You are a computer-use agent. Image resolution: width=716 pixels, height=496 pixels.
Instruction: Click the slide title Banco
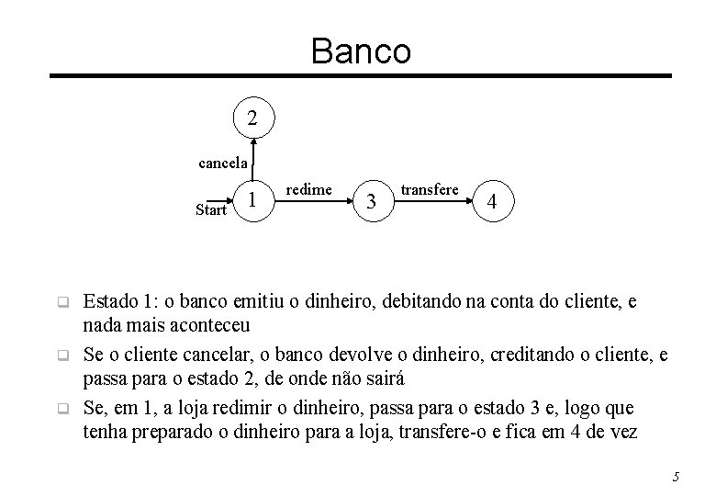click(361, 51)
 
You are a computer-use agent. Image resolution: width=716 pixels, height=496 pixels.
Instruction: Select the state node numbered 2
click(253, 118)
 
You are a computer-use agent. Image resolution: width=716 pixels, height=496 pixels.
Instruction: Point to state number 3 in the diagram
click(371, 201)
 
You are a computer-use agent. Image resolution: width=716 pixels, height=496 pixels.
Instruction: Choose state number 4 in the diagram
click(493, 201)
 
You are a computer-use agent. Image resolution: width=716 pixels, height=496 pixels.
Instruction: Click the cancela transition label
click(223, 163)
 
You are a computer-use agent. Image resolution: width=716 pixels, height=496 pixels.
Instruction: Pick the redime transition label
click(309, 189)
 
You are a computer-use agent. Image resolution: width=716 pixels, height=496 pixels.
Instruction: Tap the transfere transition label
click(430, 189)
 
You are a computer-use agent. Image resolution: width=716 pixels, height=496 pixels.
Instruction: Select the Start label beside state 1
click(210, 210)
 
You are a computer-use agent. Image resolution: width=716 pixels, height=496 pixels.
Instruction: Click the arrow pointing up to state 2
click(254, 156)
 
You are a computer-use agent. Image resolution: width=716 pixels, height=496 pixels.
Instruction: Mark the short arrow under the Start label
click(222, 199)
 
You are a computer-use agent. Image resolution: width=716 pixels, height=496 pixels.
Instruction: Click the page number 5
click(675, 476)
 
